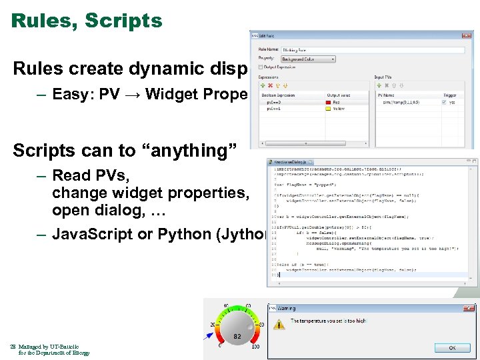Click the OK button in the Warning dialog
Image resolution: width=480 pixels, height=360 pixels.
pos(452,347)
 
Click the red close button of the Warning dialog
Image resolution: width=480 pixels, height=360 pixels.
pos(471,308)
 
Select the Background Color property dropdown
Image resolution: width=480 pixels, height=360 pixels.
pos(308,59)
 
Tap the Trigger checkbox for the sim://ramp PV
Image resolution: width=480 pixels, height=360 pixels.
pos(445,103)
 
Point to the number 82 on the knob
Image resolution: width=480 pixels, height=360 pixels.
pos(237,337)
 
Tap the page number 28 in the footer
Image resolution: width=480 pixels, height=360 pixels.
pos(13,347)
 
